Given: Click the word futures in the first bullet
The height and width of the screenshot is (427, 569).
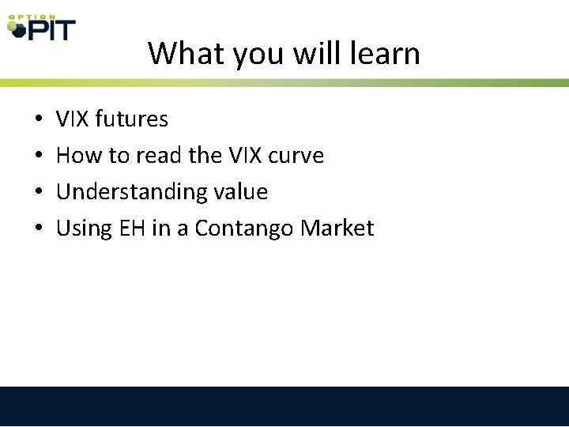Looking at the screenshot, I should [131, 119].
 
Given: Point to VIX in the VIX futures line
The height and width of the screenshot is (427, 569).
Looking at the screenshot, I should [73, 119].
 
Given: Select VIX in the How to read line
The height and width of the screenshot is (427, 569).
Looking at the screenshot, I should [240, 156].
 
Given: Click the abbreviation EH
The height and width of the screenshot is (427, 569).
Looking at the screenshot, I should [129, 229].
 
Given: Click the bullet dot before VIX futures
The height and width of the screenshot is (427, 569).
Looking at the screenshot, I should [39, 120].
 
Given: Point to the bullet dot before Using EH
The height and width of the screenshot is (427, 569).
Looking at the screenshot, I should [39, 229].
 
